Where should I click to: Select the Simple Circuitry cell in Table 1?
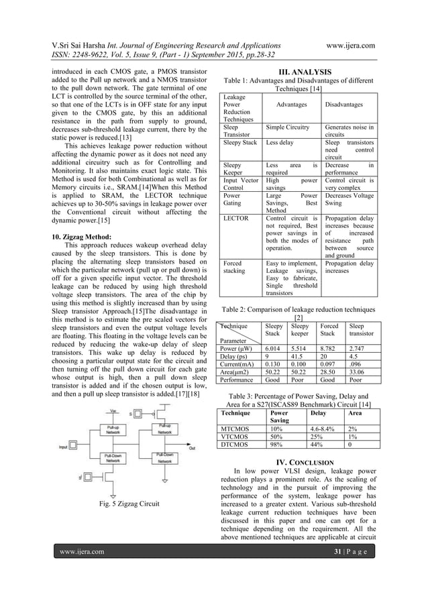[287, 127]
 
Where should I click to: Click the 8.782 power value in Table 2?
[331, 349]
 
